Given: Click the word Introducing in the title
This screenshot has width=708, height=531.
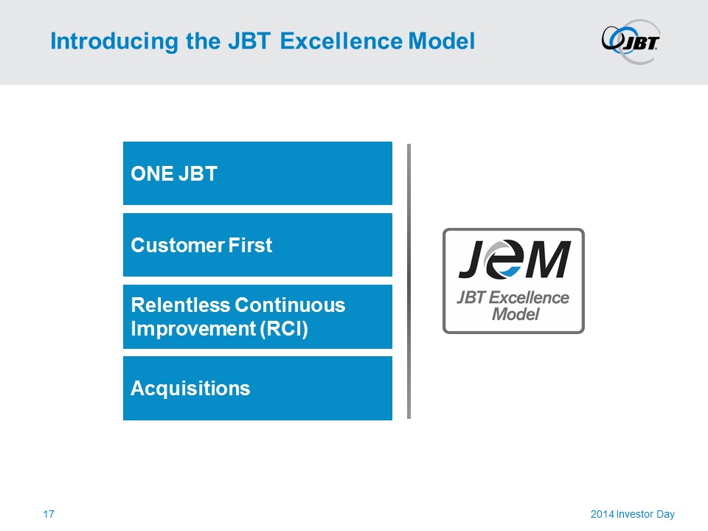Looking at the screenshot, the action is tap(114, 41).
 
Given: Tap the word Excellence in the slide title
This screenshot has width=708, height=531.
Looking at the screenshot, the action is tap(341, 41).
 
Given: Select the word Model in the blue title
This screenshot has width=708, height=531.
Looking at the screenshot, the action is tap(442, 41).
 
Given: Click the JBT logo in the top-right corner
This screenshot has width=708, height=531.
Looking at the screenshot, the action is tap(631, 41).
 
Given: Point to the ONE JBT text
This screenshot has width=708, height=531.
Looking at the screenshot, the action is tap(174, 174).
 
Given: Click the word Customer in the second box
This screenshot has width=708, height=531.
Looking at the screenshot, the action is tap(178, 245).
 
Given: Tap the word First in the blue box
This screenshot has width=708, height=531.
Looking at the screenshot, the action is tap(250, 245).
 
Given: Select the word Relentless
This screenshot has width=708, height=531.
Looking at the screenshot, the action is tap(181, 305).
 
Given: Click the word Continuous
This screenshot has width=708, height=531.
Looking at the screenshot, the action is tap(290, 305).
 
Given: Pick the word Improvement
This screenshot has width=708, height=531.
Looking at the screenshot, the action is tap(193, 329).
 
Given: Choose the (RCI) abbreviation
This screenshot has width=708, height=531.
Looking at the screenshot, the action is tap(284, 329).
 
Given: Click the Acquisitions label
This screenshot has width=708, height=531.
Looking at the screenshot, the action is tap(190, 389).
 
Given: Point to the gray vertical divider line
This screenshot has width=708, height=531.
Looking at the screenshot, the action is tap(409, 281).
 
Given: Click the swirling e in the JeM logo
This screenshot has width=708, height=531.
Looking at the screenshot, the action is tap(504, 258).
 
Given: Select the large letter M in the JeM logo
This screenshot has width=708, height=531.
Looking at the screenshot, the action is tap(546, 259).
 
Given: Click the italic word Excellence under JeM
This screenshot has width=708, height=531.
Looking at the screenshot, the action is tap(529, 297).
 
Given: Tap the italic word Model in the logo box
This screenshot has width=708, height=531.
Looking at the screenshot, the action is tap(516, 314).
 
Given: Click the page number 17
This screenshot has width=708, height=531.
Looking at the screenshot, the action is tap(49, 514).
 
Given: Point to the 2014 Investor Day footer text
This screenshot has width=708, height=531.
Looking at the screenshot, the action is tap(633, 514).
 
